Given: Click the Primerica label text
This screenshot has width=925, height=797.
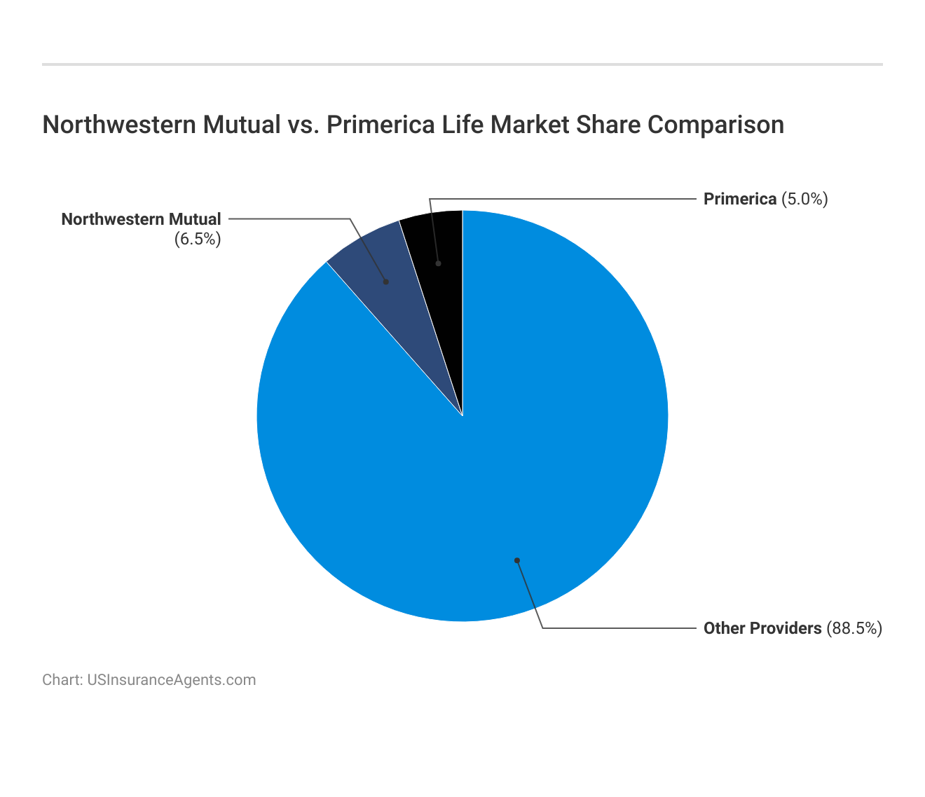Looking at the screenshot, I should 740,199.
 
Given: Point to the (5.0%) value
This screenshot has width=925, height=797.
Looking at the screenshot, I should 804,199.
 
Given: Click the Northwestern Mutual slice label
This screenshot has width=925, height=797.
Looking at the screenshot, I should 141,219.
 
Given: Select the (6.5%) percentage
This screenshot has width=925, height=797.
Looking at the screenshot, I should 198,240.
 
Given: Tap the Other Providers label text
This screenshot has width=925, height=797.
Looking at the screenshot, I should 762,628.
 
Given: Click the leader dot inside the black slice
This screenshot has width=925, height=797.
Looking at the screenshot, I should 438,263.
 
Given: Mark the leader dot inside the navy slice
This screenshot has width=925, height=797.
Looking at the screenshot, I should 385,282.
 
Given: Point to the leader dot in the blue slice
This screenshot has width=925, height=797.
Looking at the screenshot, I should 516,560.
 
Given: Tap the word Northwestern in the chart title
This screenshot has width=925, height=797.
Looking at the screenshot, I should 118,125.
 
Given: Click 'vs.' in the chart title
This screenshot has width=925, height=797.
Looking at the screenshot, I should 303,125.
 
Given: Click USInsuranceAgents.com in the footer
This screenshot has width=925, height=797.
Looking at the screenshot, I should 171,680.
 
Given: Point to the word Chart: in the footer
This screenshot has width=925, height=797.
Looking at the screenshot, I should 62,680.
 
